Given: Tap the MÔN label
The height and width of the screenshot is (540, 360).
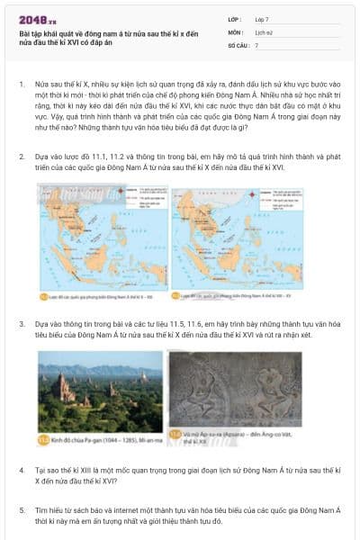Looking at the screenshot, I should pyautogui.click(x=236, y=31).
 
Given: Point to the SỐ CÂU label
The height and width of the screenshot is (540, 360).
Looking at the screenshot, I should pyautogui.click(x=238, y=44).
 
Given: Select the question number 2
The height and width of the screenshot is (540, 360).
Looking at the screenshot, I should pyautogui.click(x=21, y=157).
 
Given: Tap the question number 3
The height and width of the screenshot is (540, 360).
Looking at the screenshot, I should pyautogui.click(x=21, y=322).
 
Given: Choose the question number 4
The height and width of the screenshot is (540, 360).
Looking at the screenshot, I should pyautogui.click(x=21, y=470).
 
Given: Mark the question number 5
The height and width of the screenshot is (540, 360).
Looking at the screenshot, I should pyautogui.click(x=21, y=508).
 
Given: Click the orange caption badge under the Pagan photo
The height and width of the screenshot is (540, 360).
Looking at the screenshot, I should pyautogui.click(x=43, y=441).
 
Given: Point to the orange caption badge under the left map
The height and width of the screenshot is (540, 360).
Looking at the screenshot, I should pyautogui.click(x=42, y=294).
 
